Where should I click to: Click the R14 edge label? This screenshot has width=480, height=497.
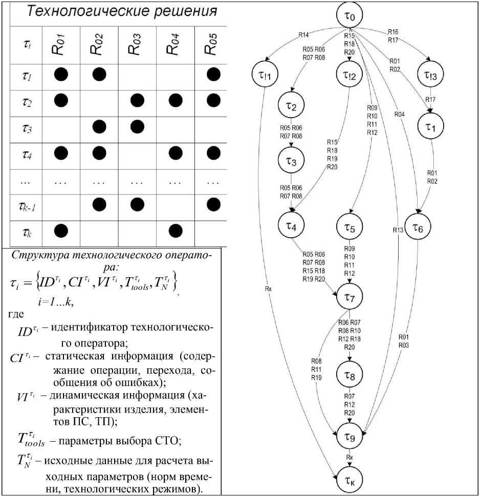pos(303,35)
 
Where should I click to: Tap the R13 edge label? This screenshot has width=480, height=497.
pos(398,230)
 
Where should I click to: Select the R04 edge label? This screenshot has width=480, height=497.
pos(399,115)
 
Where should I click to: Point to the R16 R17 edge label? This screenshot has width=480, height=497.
pos(393,35)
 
